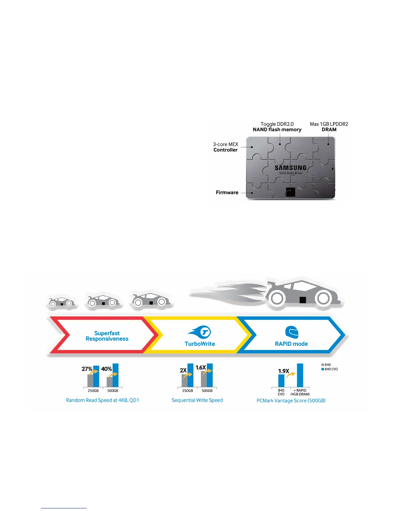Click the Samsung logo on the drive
tap(290, 168)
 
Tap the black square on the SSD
tap(290, 192)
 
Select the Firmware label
tap(227, 193)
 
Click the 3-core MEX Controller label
tap(226, 147)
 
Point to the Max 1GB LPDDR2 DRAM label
tap(329, 127)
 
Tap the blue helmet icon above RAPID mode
tap(292, 332)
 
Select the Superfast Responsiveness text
tap(107, 336)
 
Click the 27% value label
tap(87, 369)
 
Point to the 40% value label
tap(106, 369)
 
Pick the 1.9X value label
tap(284, 371)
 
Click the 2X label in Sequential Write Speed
tap(183, 370)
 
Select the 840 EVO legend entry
tap(329, 369)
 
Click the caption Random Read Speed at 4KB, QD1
tap(102, 400)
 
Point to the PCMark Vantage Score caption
tap(291, 401)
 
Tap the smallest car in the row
tap(61, 302)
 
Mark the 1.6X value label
tap(201, 368)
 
